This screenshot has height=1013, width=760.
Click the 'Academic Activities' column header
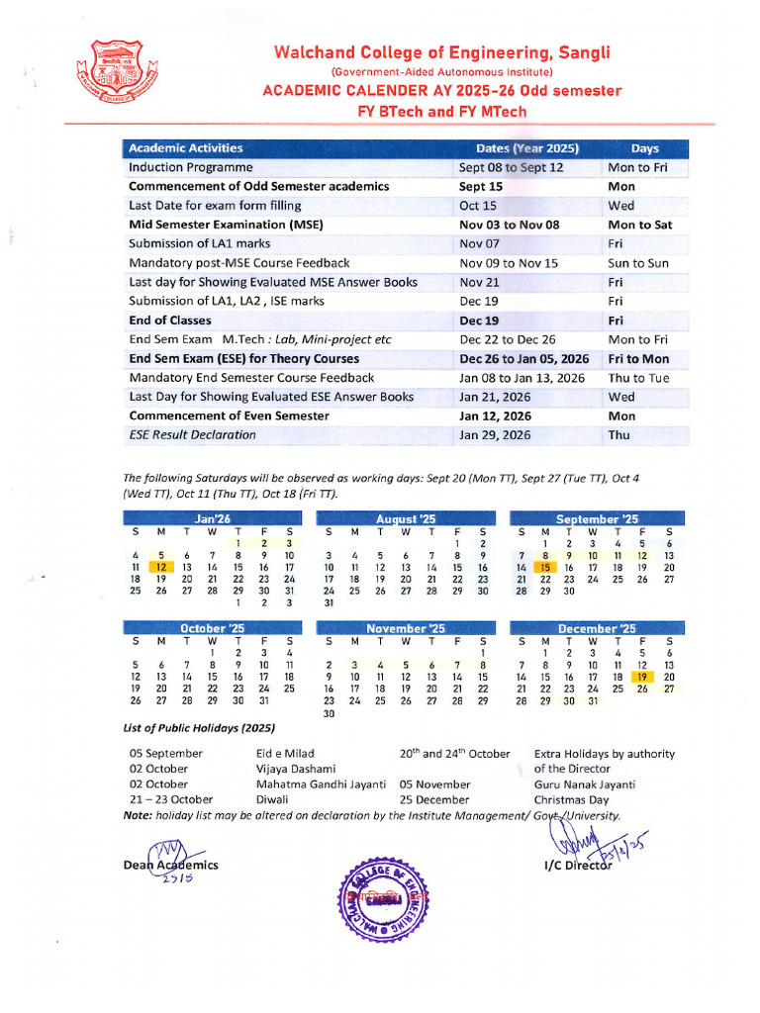coord(186,148)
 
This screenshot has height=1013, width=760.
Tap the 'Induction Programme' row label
coord(191,167)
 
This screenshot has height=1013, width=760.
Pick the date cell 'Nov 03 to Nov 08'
coord(510,225)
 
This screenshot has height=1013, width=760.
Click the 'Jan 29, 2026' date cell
coord(495,435)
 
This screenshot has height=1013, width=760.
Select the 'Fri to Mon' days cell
coord(638,359)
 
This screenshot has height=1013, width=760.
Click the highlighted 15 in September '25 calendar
coord(544,567)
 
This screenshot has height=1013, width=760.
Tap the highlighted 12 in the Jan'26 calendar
coord(160,567)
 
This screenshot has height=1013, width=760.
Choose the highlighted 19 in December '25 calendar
coord(643,676)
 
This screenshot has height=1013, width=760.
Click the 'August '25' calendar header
coord(406,518)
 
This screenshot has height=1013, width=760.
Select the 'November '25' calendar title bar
coord(406,628)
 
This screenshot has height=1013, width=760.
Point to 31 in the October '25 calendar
coord(262,700)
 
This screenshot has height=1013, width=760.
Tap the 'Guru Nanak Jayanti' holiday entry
coord(585,784)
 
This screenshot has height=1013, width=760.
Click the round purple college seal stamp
coord(386,901)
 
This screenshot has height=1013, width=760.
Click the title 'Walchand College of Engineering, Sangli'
coord(441,53)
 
